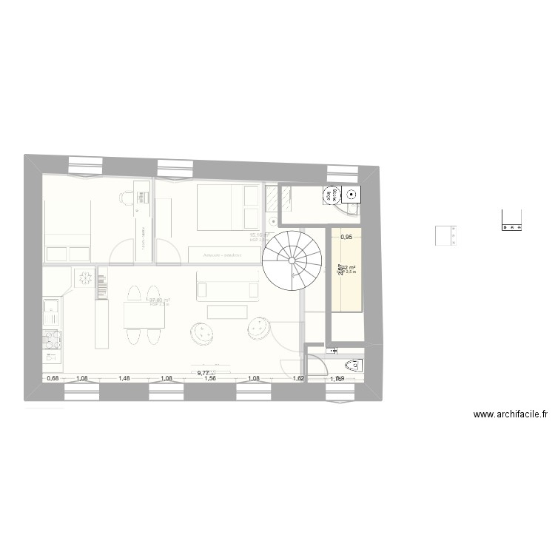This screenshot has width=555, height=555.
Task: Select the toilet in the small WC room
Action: pyautogui.click(x=352, y=366)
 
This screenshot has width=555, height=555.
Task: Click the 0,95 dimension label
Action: pyautogui.click(x=346, y=238)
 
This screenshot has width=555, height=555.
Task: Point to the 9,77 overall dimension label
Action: pyautogui.click(x=203, y=374)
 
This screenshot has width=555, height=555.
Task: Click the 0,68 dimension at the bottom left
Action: pyautogui.click(x=53, y=379)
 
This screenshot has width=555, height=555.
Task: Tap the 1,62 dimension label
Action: pyautogui.click(x=299, y=379)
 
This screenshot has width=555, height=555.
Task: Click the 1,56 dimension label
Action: pyautogui.click(x=210, y=379)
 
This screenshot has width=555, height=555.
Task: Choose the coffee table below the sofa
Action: pyautogui.click(x=226, y=312)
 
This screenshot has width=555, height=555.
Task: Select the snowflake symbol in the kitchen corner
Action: pyautogui.click(x=84, y=279)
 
